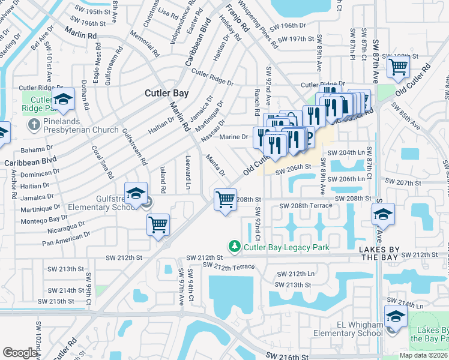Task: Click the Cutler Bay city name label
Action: point(167,93)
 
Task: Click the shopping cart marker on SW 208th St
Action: point(225,199)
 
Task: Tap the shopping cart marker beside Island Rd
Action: point(158,225)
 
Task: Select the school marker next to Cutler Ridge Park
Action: point(62,100)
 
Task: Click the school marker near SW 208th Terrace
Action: point(383,214)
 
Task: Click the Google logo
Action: point(20,352)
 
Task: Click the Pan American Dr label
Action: point(67,239)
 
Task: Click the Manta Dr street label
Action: point(215,165)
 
